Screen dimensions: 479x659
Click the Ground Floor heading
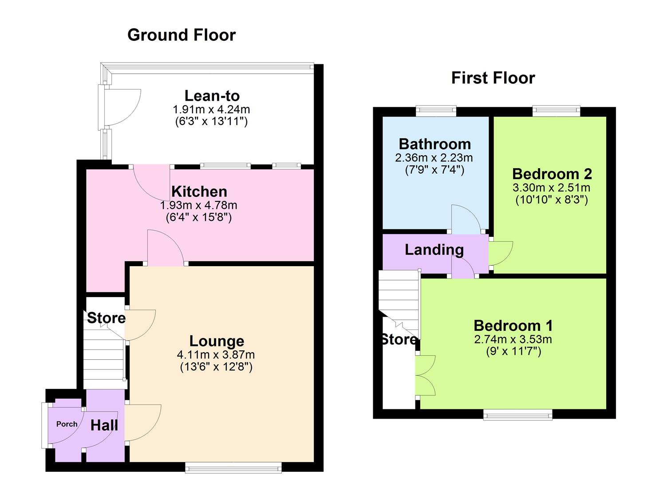click(182, 35)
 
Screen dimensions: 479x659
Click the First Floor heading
click(493, 78)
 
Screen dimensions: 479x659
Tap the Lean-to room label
click(212, 96)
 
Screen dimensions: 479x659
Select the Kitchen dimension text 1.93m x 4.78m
click(198, 206)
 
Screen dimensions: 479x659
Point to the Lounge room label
click(217, 341)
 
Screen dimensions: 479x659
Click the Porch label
click(67, 424)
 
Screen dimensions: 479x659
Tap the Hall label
click(104, 426)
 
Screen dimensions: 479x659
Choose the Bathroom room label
click(435, 144)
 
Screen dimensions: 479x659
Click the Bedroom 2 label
click(552, 174)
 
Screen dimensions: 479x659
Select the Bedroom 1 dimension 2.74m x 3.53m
click(513, 340)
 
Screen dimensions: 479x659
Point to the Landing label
click(434, 250)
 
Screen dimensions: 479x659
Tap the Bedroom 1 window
click(518, 415)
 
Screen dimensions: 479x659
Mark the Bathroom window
click(436, 111)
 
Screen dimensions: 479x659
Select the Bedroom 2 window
click(556, 111)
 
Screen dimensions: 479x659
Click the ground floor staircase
click(103, 359)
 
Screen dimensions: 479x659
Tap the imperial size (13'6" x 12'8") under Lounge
click(216, 367)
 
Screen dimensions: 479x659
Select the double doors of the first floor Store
click(425, 375)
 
